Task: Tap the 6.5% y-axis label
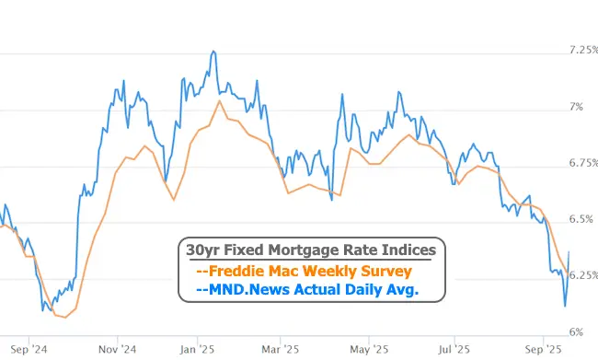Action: pos(580,219)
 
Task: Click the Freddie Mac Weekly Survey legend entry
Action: pos(305,272)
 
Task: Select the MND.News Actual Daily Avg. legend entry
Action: pos(308,290)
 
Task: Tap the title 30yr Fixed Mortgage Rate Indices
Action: pos(310,250)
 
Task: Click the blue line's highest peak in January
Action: pos(213,52)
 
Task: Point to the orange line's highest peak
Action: pos(219,100)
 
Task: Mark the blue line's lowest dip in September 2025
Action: pos(565,306)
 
